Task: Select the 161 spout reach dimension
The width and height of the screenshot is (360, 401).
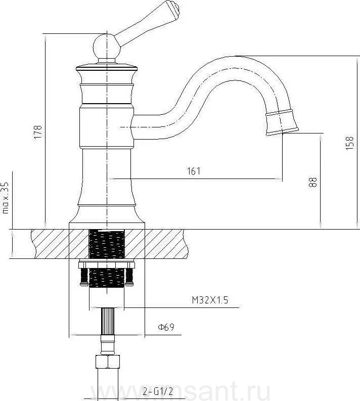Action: coord(193,171)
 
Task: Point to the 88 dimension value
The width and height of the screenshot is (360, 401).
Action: coord(313,183)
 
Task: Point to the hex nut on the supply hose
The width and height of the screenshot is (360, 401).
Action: coord(107,363)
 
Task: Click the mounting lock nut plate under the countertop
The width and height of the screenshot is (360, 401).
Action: coord(107,264)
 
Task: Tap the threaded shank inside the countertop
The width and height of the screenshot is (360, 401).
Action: coord(107,244)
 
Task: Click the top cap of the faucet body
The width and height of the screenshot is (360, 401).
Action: coord(107,67)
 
